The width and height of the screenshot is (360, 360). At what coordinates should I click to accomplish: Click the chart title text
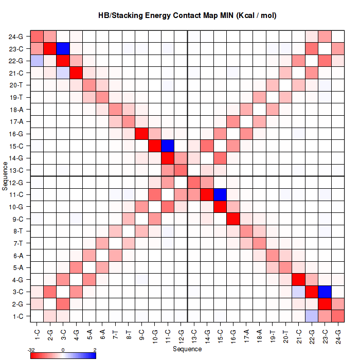pos(187,15)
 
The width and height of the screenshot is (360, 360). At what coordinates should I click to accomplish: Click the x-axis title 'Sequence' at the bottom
pos(187,349)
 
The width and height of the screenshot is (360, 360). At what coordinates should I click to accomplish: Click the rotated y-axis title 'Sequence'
pos(5,175)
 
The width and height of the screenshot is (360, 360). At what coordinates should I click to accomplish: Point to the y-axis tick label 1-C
pos(17,316)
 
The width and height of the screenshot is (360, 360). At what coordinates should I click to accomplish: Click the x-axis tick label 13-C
pos(194,334)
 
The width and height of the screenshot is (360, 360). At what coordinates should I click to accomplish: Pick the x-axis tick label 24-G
pos(338,334)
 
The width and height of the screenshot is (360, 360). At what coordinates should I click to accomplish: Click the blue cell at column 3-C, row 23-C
pos(63,49)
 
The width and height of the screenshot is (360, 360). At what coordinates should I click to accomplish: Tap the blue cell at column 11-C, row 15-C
pos(168,146)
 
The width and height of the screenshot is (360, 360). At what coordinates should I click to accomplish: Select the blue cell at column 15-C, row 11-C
pos(221,194)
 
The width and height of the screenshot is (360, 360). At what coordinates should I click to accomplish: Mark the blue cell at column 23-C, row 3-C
pos(326,292)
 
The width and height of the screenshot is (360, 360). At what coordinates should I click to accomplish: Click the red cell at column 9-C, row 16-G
pos(142,134)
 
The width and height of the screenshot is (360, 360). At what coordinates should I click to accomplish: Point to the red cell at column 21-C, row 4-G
pos(299,279)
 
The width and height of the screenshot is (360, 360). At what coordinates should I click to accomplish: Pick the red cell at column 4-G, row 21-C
pos(77,73)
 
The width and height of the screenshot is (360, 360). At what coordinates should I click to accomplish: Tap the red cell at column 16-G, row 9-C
pos(233,219)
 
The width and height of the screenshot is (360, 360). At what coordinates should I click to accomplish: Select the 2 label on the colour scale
pos(95,349)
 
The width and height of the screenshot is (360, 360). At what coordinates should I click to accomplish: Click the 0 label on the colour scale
pos(63,349)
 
